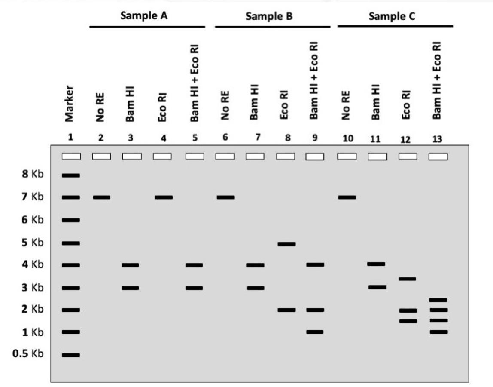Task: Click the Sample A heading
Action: (144, 16)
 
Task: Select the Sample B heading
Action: (269, 16)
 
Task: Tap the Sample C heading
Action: (392, 16)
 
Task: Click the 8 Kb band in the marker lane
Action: (71, 175)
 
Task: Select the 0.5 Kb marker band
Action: (71, 355)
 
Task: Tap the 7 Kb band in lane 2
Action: (102, 197)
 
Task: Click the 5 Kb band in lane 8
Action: (286, 244)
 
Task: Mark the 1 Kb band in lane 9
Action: (315, 332)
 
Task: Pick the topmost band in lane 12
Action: (407, 279)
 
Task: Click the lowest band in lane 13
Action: (438, 332)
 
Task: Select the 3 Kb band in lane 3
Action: (130, 288)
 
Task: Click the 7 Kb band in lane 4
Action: (164, 197)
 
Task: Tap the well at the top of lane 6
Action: (225, 157)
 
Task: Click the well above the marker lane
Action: (71, 157)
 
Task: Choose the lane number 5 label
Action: (195, 138)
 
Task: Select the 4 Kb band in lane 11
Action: (376, 264)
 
